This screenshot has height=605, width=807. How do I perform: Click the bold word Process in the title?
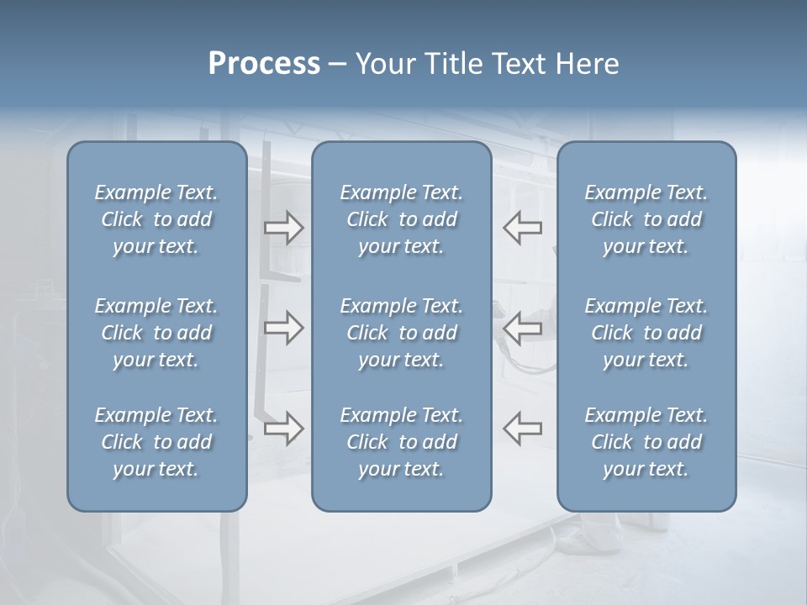tap(264, 64)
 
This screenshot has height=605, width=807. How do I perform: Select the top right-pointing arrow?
tap(284, 228)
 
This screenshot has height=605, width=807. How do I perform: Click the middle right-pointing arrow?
tap(284, 328)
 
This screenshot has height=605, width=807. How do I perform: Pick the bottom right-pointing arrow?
tap(284, 429)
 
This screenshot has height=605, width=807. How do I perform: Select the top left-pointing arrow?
tap(523, 228)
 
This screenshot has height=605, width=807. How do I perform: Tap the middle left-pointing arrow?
tap(523, 328)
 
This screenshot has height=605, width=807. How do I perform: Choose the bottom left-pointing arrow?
tap(523, 429)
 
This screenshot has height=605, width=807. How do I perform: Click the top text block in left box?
tap(156, 219)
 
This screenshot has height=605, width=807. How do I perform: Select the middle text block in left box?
tap(156, 333)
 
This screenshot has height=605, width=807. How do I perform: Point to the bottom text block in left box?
tap(156, 442)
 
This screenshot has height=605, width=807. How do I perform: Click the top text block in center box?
tap(401, 219)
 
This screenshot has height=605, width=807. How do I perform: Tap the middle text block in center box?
tap(401, 333)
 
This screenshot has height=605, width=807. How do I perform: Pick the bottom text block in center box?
tap(401, 442)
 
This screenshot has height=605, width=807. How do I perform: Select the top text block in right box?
tap(646, 219)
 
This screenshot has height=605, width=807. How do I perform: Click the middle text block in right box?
tap(646, 333)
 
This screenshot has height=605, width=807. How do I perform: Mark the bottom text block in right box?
tap(646, 442)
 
